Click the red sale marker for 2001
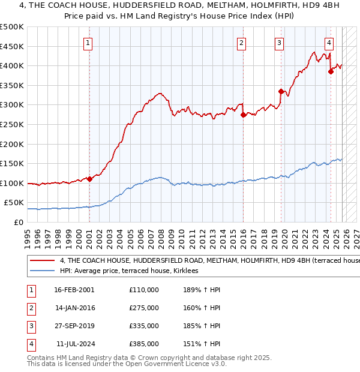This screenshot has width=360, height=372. click(x=89, y=179)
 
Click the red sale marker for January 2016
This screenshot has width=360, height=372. click(x=243, y=115)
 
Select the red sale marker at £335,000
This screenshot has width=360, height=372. click(x=281, y=91)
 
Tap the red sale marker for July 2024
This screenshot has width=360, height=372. click(x=331, y=71)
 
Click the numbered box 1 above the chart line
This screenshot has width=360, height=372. click(x=88, y=43)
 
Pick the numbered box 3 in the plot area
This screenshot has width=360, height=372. click(x=280, y=43)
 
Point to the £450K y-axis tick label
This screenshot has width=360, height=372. click(x=12, y=46)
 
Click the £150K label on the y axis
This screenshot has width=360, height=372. click(x=12, y=163)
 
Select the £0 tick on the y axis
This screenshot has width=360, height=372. click(x=18, y=222)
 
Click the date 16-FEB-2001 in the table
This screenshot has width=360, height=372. click(x=74, y=290)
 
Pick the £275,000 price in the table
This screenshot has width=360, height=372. click(x=144, y=308)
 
